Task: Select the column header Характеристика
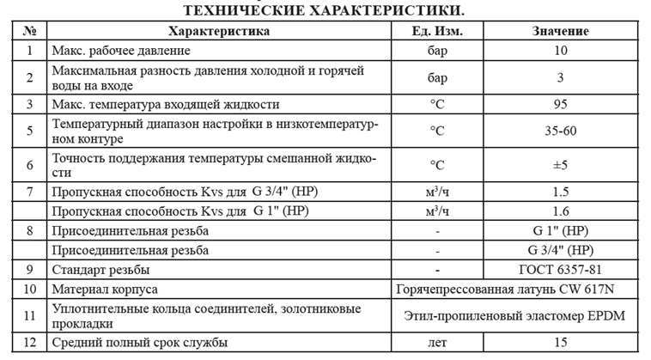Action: point(219,31)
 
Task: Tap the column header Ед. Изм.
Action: point(439,31)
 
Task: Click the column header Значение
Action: point(560,31)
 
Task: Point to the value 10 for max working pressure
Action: point(560,50)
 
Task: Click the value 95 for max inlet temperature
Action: point(560,105)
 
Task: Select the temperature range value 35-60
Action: point(560,131)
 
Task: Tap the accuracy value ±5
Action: point(560,165)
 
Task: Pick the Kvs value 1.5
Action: point(560,191)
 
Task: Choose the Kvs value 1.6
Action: point(560,211)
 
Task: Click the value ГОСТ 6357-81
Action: point(560,270)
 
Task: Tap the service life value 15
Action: point(560,343)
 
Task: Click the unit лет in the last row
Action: point(439,343)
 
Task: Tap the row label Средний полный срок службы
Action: point(140,343)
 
